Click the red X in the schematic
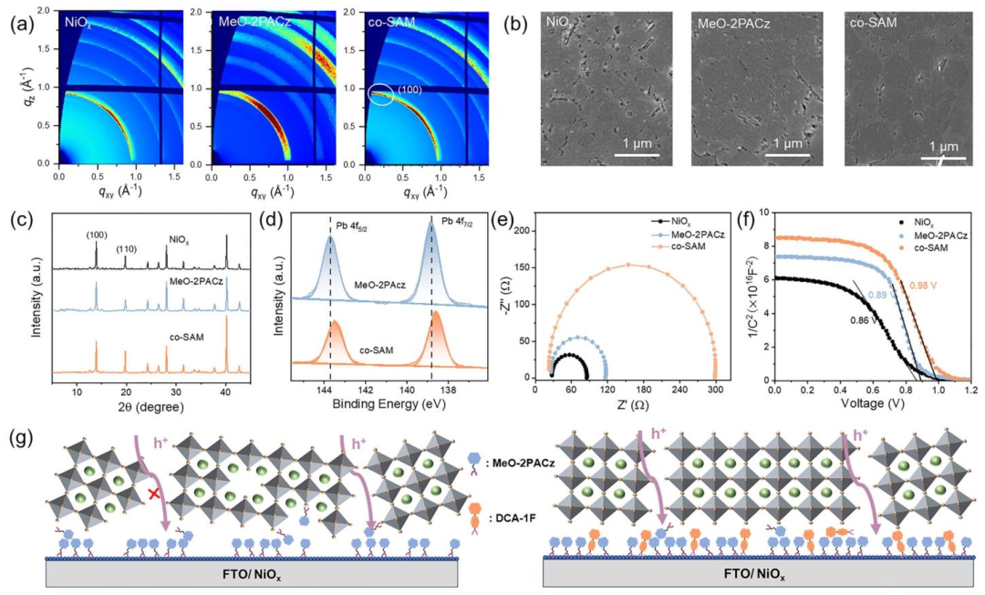click(155, 492)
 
